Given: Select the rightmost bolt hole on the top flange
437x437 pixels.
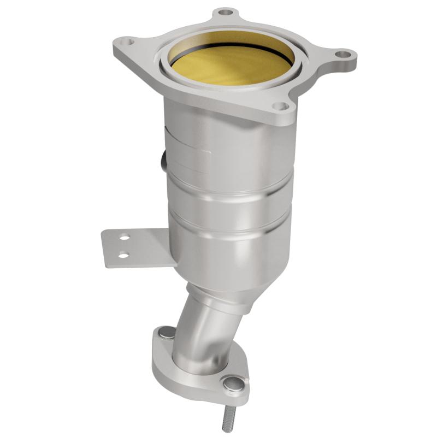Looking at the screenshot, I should pyautogui.click(x=342, y=54).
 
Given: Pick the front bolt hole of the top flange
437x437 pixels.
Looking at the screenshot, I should pyautogui.click(x=279, y=106).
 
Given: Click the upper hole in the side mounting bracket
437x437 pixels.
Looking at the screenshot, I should pyautogui.click(x=125, y=238).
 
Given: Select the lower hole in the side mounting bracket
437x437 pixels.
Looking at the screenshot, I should pyautogui.click(x=124, y=254).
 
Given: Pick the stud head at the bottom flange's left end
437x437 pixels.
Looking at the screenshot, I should pyautogui.click(x=166, y=333).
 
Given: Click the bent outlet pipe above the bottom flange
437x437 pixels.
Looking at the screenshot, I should pyautogui.click(x=202, y=333).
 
